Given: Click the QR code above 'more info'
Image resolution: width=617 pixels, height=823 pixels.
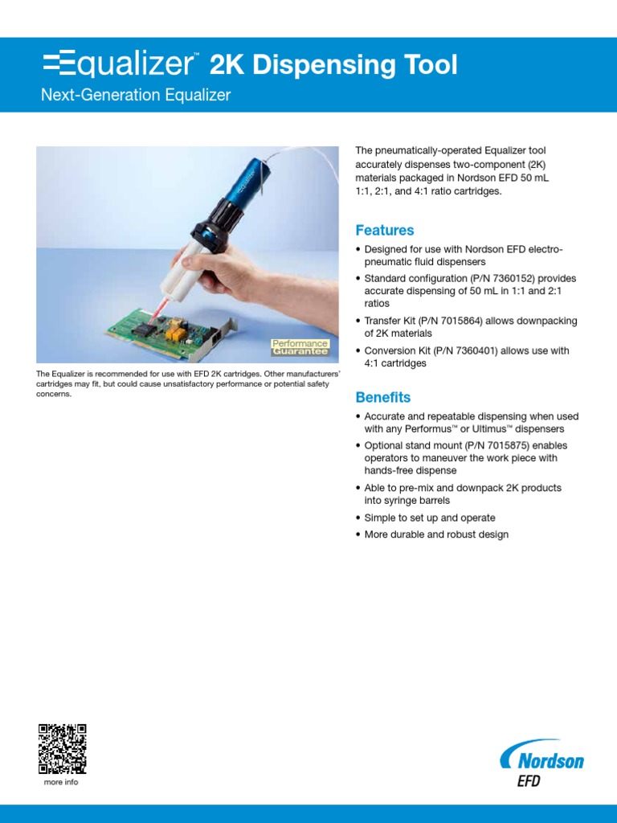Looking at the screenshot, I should (62, 747).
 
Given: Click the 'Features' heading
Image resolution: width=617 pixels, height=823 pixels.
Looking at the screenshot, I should (385, 231).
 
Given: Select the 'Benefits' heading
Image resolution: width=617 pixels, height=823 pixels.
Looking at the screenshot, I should (383, 398).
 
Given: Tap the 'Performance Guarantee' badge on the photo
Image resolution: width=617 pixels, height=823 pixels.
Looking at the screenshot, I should (300, 347).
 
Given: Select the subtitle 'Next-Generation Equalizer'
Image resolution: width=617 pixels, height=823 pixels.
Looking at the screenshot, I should (136, 96).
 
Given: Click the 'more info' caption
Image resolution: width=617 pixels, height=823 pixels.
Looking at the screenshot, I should (61, 782).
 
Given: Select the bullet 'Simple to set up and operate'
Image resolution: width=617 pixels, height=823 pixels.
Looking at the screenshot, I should (430, 518).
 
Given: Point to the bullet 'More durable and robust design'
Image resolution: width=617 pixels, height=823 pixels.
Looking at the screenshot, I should (436, 534).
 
